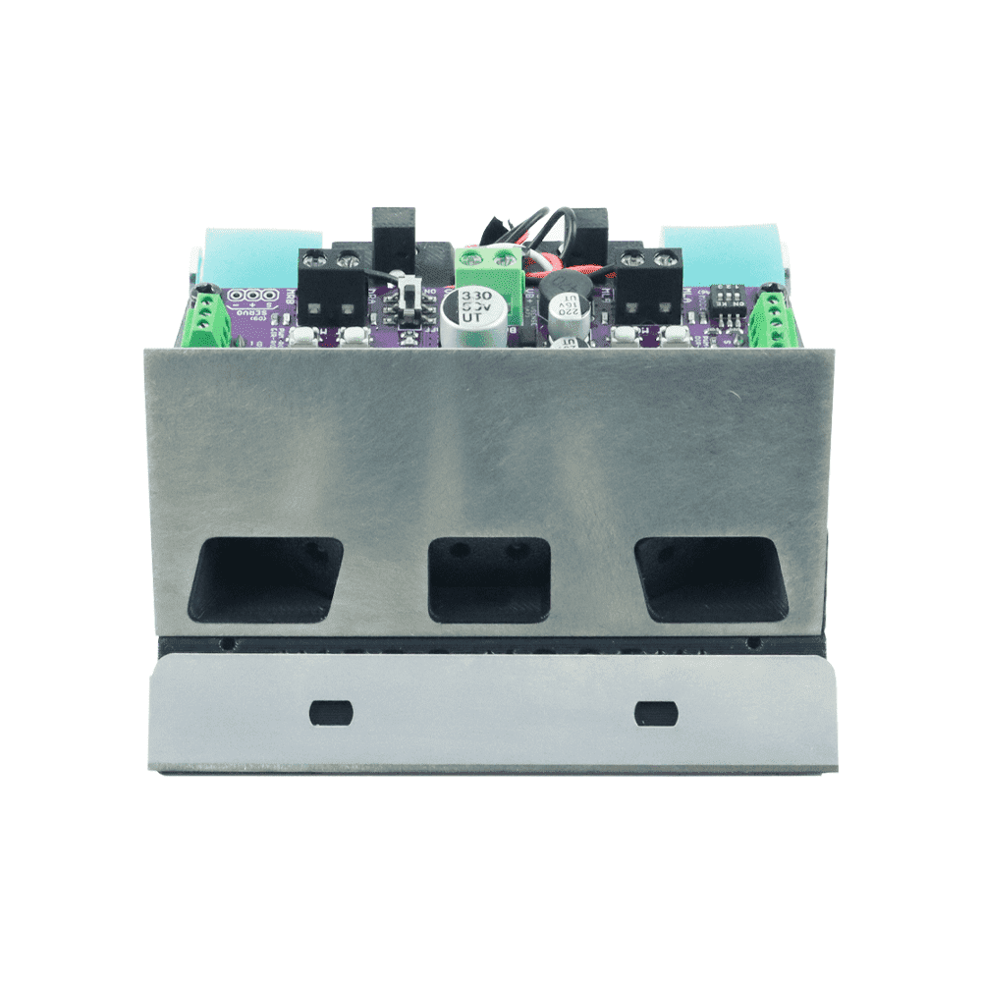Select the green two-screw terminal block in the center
[489, 268]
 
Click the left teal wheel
[260, 253]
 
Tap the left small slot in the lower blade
[330, 710]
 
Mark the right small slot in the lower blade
[656, 711]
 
